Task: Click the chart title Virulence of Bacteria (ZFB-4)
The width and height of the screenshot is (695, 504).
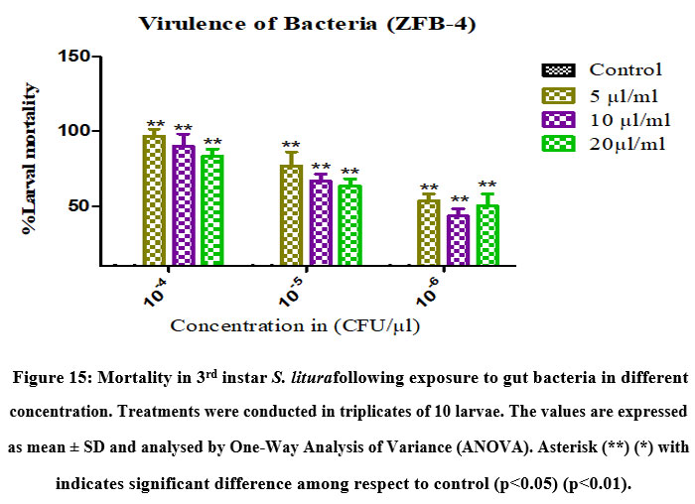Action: coord(307,23)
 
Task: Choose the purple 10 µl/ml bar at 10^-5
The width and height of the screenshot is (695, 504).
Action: coord(321,222)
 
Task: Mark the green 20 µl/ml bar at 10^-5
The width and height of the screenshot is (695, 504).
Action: coord(349,225)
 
